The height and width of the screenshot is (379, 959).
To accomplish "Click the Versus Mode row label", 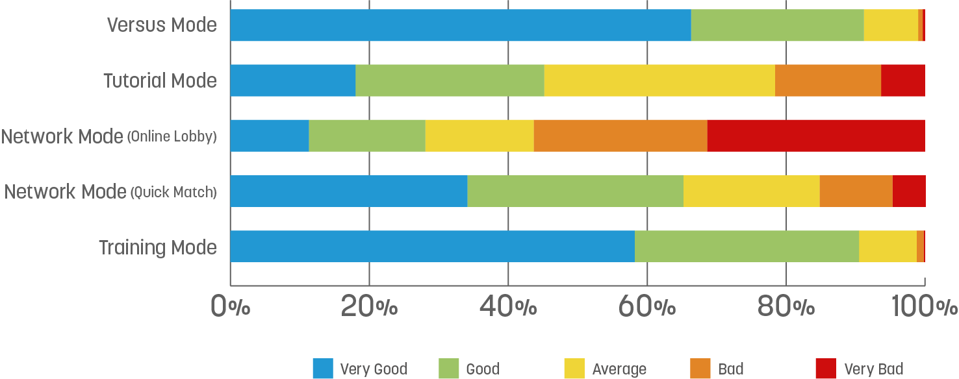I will click(162, 25).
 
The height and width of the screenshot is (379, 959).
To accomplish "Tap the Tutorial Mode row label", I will click(160, 81).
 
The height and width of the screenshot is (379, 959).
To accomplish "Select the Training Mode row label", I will click(158, 248).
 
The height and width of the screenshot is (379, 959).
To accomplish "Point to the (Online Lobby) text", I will click(172, 137).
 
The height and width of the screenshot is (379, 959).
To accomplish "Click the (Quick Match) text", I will click(173, 192).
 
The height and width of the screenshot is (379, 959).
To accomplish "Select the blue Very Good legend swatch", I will click(323, 369).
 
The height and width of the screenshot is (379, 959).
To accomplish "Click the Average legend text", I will click(619, 369).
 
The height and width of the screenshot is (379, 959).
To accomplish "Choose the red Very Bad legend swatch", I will click(826, 369).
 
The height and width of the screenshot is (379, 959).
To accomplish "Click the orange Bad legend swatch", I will click(700, 369).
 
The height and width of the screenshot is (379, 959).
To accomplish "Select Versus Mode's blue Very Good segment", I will click(460, 25).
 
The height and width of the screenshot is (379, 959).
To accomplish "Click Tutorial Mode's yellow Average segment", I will click(659, 80).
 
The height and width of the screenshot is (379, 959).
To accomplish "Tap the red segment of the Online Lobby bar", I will click(815, 136).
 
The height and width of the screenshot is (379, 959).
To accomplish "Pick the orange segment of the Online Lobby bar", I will click(620, 136).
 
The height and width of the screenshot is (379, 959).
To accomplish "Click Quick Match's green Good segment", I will click(575, 191).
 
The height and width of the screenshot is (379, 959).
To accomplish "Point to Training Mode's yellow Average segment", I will click(888, 246).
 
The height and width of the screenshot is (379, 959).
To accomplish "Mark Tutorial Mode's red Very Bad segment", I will click(902, 80).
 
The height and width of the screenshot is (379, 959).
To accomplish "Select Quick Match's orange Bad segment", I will click(856, 191).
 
